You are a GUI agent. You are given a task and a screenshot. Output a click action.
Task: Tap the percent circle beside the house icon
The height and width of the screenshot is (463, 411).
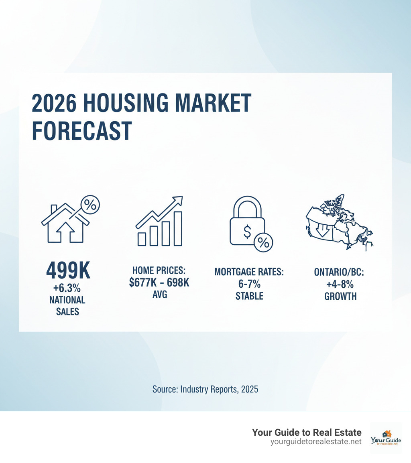[x=90, y=205]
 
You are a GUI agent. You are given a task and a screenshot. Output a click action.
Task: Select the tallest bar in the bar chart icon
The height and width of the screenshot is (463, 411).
[x=178, y=228]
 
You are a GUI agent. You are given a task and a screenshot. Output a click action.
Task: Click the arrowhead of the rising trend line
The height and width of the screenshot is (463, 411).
[x=178, y=200]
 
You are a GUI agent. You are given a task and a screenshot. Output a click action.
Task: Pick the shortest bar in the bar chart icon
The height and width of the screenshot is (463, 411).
[x=142, y=239]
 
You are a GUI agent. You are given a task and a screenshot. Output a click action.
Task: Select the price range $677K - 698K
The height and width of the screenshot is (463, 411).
[x=159, y=282]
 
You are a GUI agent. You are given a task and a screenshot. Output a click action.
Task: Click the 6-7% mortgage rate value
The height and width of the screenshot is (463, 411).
[x=249, y=284]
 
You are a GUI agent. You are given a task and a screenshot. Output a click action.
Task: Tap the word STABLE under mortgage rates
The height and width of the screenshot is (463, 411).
[x=249, y=296]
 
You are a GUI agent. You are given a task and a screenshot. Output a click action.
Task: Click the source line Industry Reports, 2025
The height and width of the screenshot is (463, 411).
[x=205, y=389]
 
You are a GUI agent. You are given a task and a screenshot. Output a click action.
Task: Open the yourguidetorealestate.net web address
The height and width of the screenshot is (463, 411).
[x=316, y=442]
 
